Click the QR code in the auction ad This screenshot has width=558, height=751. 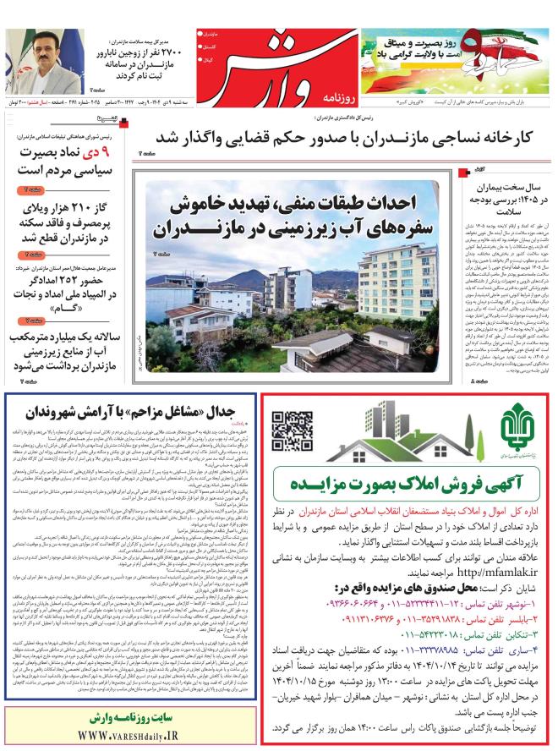[292, 431]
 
